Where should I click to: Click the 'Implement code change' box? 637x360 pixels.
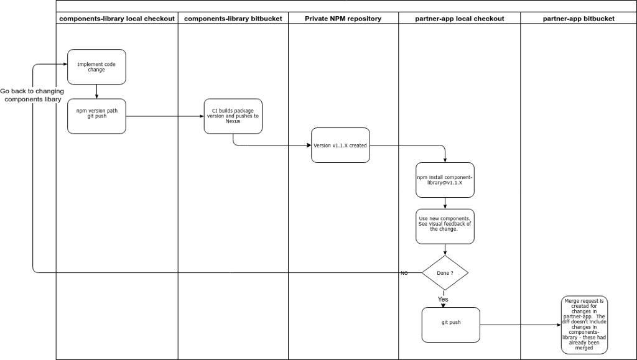tap(96, 67)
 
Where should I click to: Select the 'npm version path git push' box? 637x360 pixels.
tap(96, 116)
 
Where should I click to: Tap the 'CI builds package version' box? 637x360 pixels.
tap(233, 116)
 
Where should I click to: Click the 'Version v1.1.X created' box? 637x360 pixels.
tap(340, 145)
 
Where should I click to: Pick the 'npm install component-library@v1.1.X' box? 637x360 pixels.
tap(445, 180)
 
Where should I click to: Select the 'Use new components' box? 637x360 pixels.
tap(445, 226)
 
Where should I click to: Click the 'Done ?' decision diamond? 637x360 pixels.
tap(445, 273)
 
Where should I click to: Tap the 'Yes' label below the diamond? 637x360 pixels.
tap(443, 300)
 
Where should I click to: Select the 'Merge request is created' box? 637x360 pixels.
tap(584, 325)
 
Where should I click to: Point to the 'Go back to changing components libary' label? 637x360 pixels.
tap(32, 95)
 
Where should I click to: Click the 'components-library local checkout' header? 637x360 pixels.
tap(117, 19)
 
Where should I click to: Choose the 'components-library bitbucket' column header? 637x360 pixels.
tap(233, 19)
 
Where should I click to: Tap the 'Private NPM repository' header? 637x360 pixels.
tap(343, 19)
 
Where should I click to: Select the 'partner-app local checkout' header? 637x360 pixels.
tap(460, 19)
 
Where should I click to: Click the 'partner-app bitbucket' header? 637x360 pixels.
tap(579, 19)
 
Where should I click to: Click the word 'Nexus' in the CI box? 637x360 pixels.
tap(233, 121)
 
